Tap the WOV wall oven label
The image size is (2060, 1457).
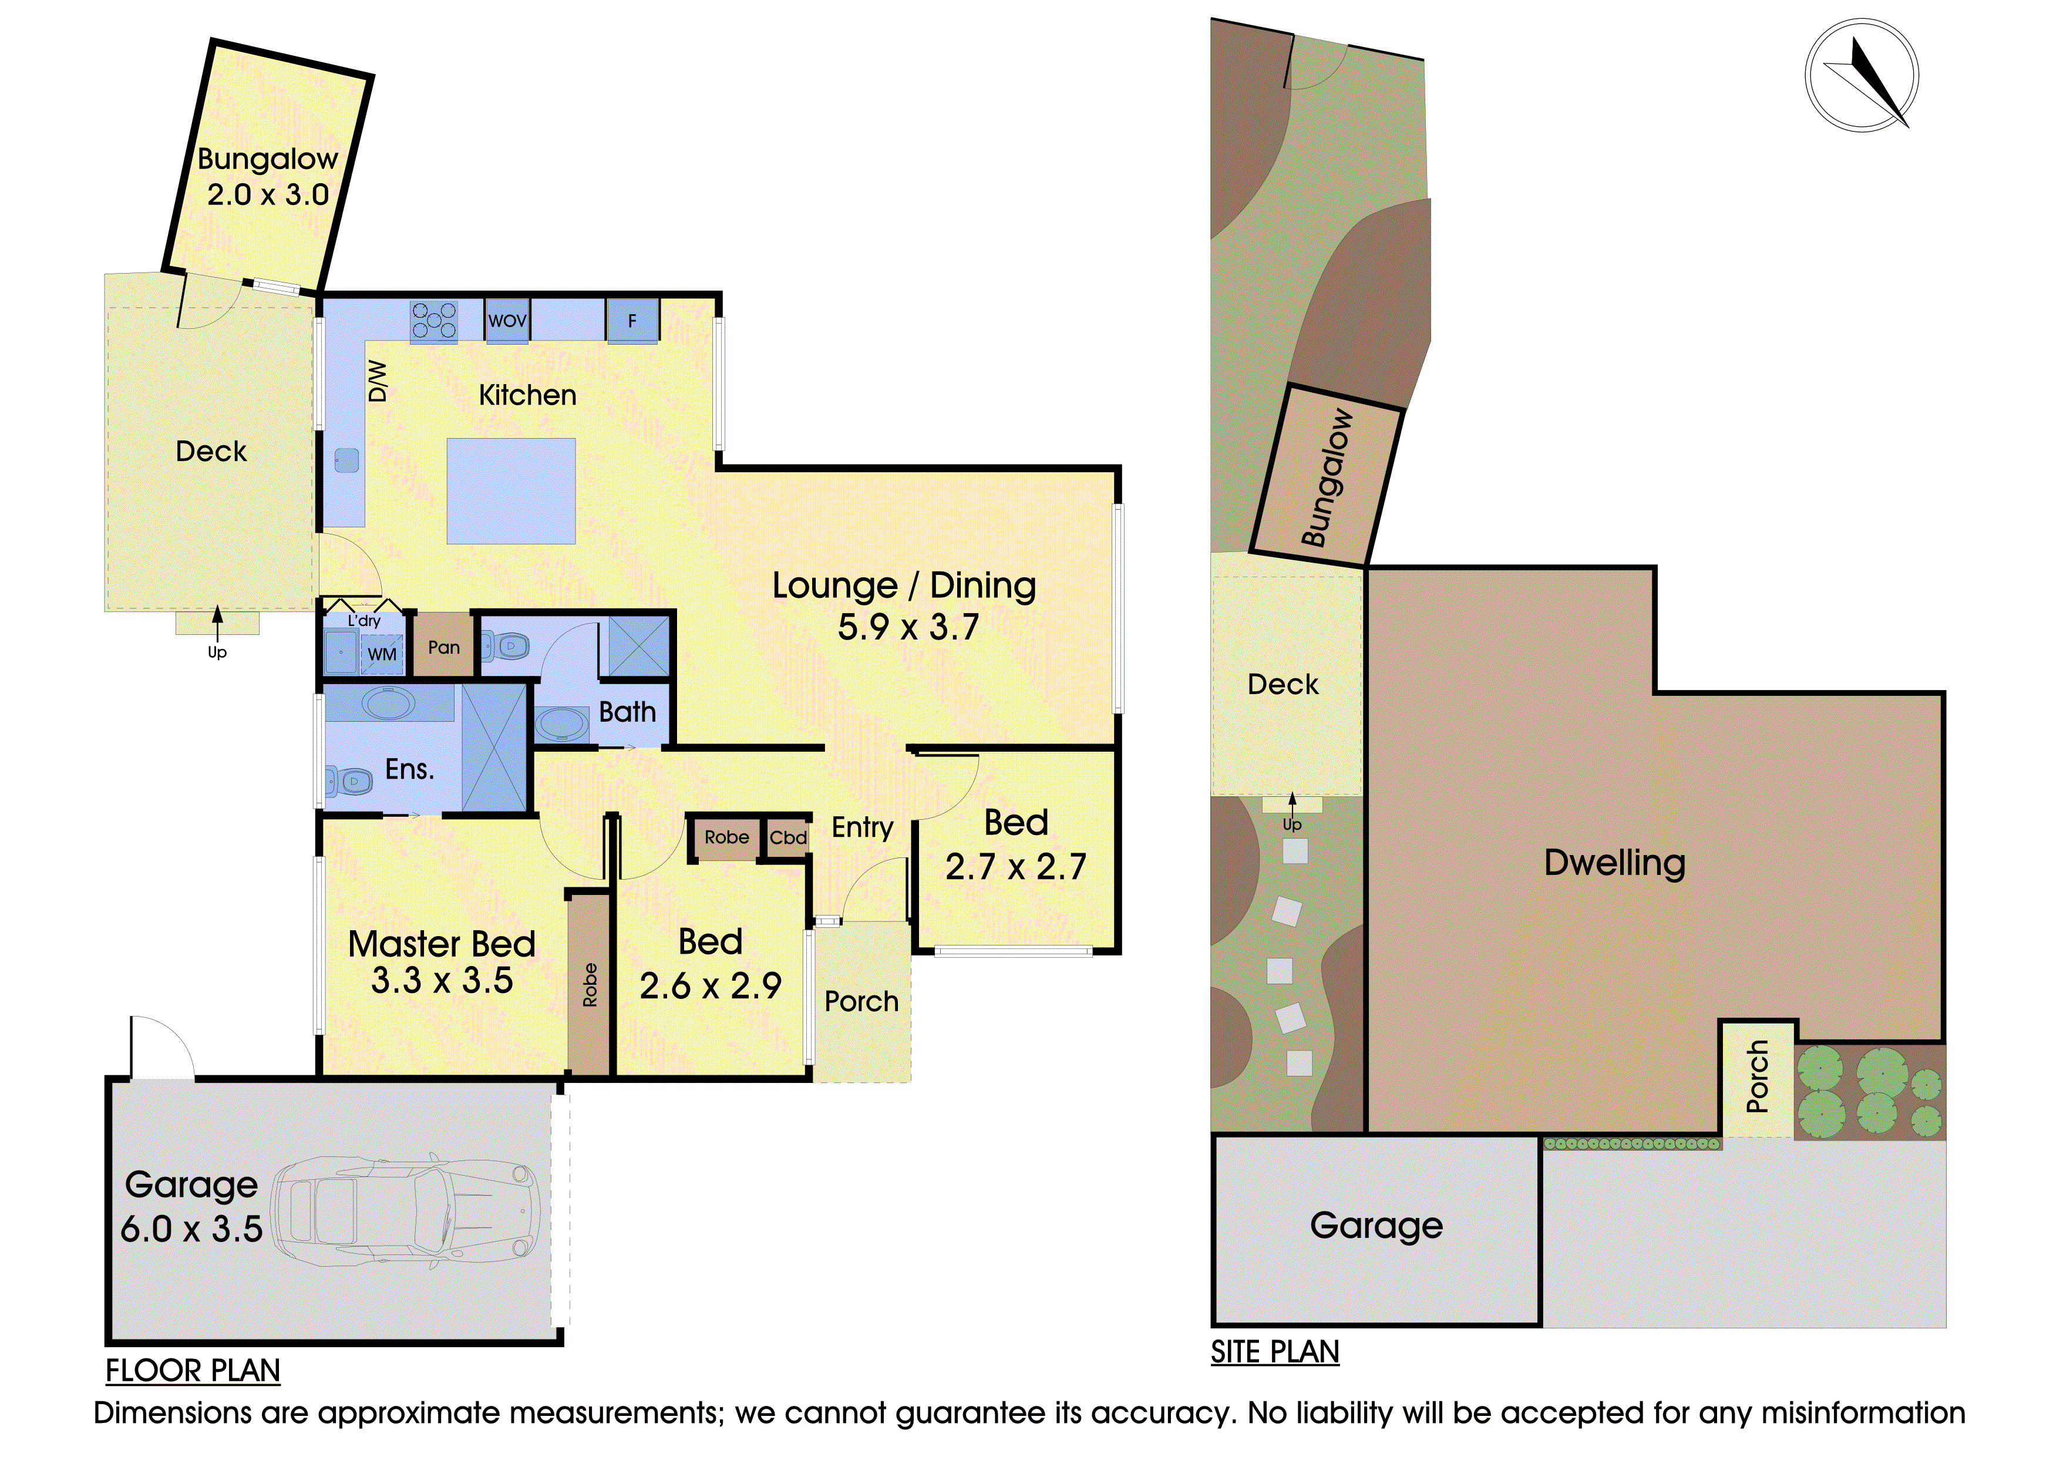(508, 320)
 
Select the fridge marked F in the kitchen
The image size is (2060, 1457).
(632, 320)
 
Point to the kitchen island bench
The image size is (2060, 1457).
(511, 491)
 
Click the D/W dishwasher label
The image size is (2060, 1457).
(378, 381)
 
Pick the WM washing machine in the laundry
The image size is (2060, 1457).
(382, 654)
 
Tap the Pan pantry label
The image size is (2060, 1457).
(444, 647)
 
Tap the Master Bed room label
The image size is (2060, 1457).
(442, 944)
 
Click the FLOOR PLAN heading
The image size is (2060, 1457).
(193, 1370)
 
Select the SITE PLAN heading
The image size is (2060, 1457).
(1275, 1351)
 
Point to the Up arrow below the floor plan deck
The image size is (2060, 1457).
(217, 624)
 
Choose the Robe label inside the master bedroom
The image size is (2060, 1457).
(590, 984)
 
